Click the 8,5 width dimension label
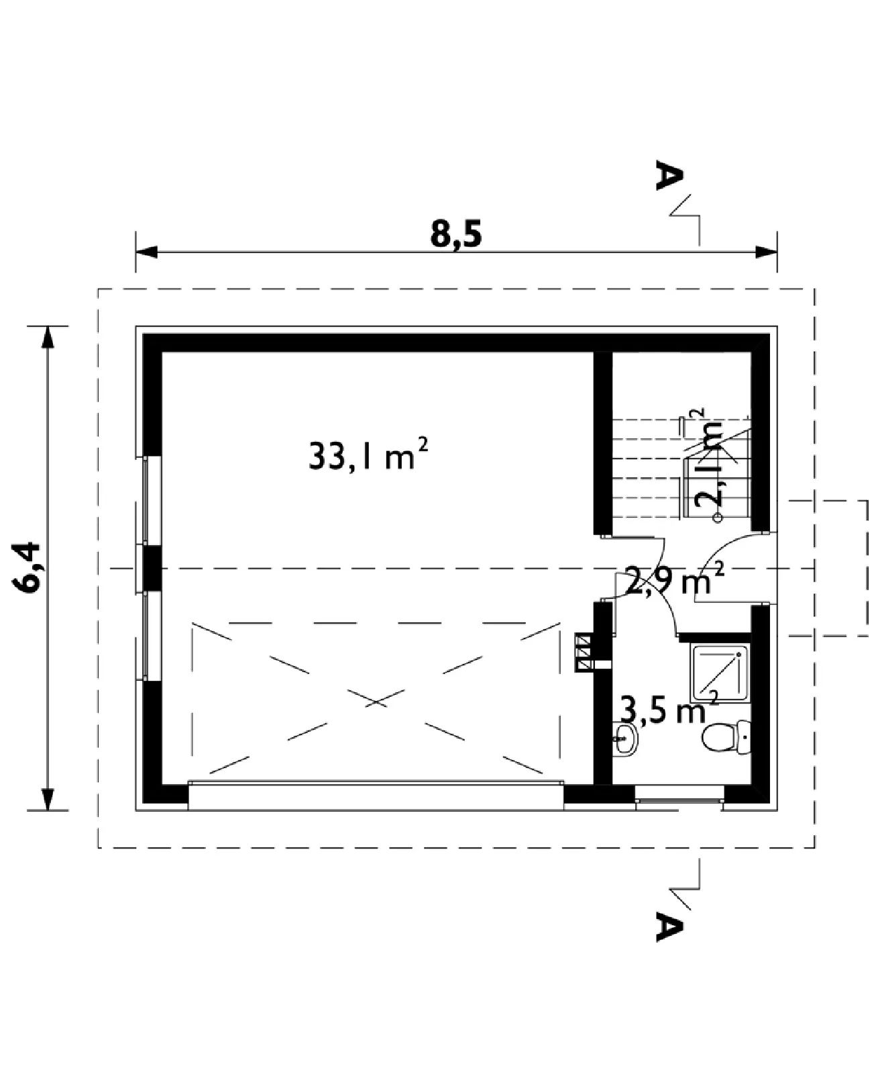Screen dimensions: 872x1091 coord(455,235)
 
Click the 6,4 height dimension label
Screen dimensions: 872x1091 coord(26,567)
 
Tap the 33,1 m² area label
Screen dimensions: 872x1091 coord(368,455)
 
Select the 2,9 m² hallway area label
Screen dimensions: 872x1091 coord(674,579)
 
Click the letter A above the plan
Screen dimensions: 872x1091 coord(669,175)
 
